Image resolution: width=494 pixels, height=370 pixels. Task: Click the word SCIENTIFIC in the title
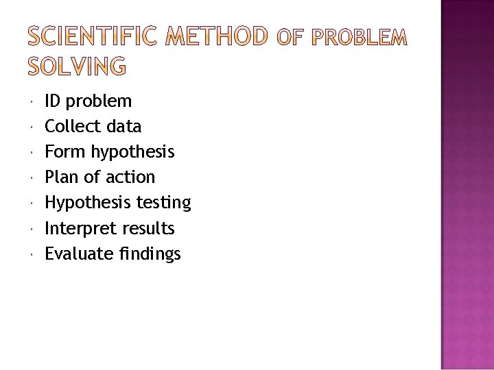click(x=95, y=36)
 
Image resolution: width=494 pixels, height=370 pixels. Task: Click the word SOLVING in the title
click(x=77, y=66)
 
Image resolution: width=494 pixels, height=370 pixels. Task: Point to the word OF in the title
click(x=288, y=37)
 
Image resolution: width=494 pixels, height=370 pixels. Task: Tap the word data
click(x=124, y=127)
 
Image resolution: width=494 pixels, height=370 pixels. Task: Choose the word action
click(x=130, y=177)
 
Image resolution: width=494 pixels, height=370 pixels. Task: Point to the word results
click(x=148, y=228)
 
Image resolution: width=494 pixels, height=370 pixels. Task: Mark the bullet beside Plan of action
click(x=32, y=177)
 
